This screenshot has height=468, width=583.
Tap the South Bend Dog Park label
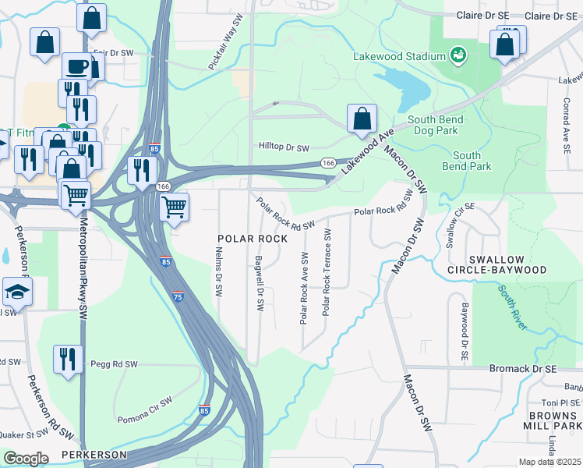[436, 126]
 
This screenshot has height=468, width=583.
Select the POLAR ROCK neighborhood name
[253, 238]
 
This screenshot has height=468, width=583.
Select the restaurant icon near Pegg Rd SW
[68, 360]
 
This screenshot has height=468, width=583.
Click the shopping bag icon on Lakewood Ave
[362, 119]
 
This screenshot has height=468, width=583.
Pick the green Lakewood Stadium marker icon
[458, 56]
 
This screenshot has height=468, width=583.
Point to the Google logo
[26, 459]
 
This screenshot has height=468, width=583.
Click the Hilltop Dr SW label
[284, 146]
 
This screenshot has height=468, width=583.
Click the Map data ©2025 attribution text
[550, 462]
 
